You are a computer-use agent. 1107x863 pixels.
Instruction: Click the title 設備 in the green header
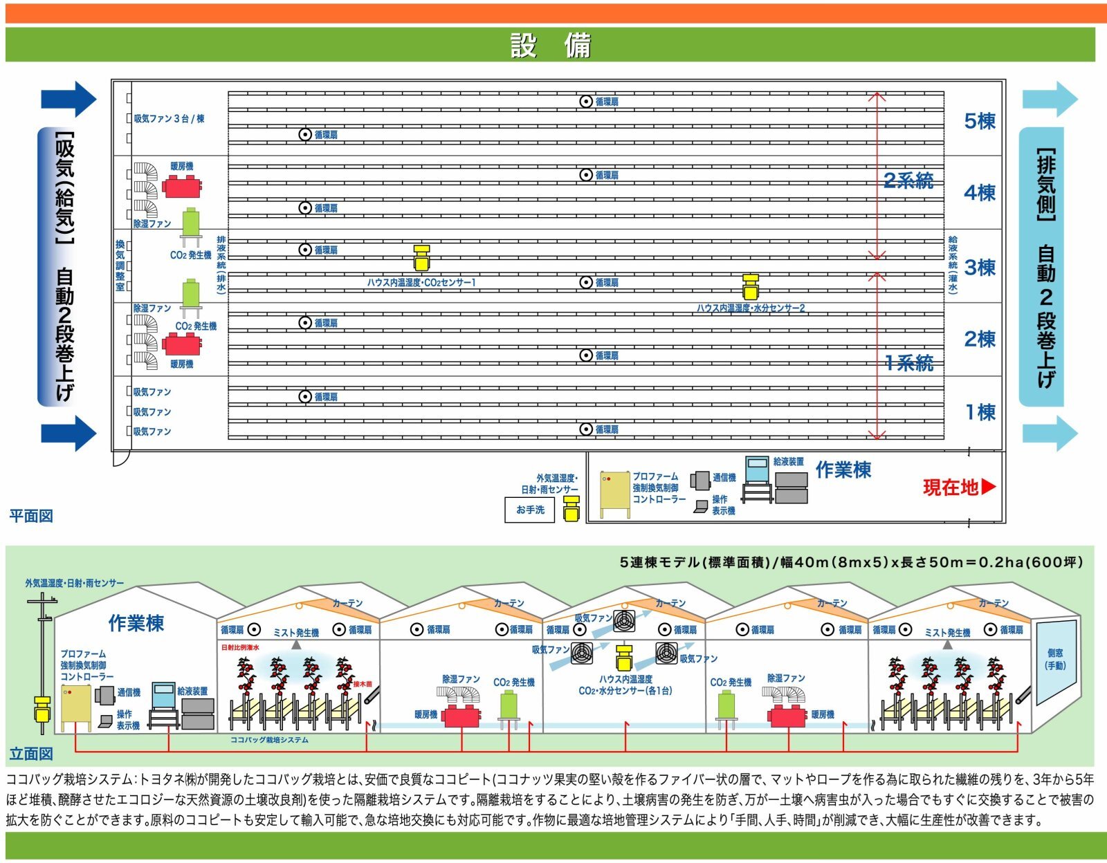click(x=550, y=46)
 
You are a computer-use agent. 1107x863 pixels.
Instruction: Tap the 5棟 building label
click(x=980, y=121)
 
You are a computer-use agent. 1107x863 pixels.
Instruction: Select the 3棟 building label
click(x=980, y=267)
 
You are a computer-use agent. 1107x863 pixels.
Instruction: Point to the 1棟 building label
click(x=980, y=412)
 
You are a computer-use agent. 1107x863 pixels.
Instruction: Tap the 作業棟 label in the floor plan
click(x=843, y=470)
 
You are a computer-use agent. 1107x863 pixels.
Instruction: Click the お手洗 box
click(x=530, y=510)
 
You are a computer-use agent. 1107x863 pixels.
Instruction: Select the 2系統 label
click(x=908, y=180)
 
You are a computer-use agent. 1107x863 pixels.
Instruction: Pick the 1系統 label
click(x=908, y=362)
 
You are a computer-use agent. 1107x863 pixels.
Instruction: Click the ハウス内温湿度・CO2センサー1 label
click(x=421, y=282)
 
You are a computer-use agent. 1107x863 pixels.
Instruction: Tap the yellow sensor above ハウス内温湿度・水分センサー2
click(x=751, y=286)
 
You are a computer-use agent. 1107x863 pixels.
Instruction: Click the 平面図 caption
click(x=31, y=516)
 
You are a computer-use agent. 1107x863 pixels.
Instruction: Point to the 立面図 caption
click(x=31, y=753)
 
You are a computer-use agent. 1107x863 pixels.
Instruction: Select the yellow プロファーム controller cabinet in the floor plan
click(x=614, y=493)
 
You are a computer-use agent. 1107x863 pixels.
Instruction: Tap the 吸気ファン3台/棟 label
click(x=169, y=119)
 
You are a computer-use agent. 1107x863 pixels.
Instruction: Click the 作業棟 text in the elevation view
click(x=136, y=623)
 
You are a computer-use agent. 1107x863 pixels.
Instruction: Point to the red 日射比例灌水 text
click(x=240, y=648)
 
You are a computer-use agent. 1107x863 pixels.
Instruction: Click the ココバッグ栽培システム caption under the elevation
click(x=269, y=740)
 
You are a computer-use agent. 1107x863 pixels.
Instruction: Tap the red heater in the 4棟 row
click(x=182, y=186)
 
